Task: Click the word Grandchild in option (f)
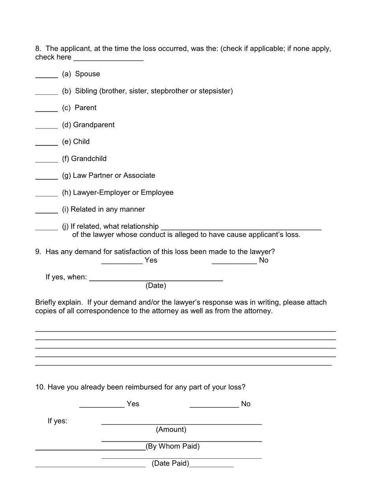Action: pyautogui.click(x=89, y=159)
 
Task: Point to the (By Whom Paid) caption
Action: pyautogui.click(x=173, y=446)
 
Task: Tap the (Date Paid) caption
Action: pyautogui.click(x=171, y=463)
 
